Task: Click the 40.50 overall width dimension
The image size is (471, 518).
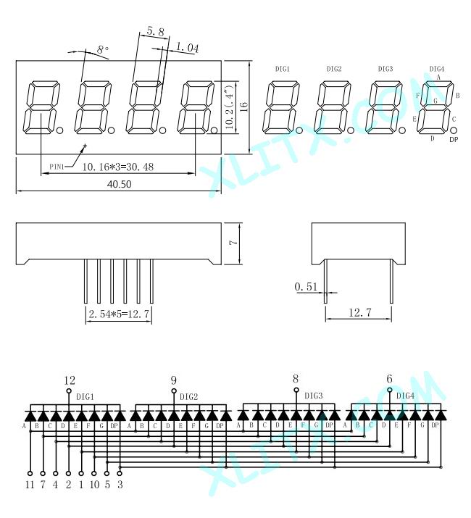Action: pyautogui.click(x=120, y=184)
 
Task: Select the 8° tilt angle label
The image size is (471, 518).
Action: pyautogui.click(x=103, y=49)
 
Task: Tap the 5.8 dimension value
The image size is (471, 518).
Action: pyautogui.click(x=155, y=32)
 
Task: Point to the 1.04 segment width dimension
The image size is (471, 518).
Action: pyautogui.click(x=187, y=48)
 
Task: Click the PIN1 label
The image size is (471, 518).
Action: pyautogui.click(x=57, y=167)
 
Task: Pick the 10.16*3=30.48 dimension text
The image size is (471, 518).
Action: pyautogui.click(x=118, y=167)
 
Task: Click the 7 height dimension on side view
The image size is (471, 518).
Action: pyautogui.click(x=233, y=243)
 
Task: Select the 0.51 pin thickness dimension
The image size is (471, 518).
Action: pyautogui.click(x=306, y=286)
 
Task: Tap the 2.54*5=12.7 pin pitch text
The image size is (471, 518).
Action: pyautogui.click(x=119, y=314)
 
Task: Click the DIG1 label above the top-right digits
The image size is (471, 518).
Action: pyautogui.click(x=283, y=69)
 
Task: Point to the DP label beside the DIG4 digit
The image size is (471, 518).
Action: pyautogui.click(x=454, y=139)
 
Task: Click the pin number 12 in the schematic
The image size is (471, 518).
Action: pyautogui.click(x=70, y=380)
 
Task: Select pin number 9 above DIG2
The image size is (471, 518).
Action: pyautogui.click(x=174, y=380)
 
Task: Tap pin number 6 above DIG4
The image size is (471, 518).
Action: pyautogui.click(x=389, y=379)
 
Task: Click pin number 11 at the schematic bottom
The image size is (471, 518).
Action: pyautogui.click(x=30, y=485)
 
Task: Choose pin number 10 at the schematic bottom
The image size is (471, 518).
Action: pyautogui.click(x=94, y=485)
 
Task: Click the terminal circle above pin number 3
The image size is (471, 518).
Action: pyautogui.click(x=120, y=473)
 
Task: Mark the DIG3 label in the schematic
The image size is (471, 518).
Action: pyautogui.click(x=313, y=396)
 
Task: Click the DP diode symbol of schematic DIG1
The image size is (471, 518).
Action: pyautogui.click(x=120, y=415)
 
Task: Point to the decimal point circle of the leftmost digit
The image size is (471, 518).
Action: pyautogui.click(x=60, y=130)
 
